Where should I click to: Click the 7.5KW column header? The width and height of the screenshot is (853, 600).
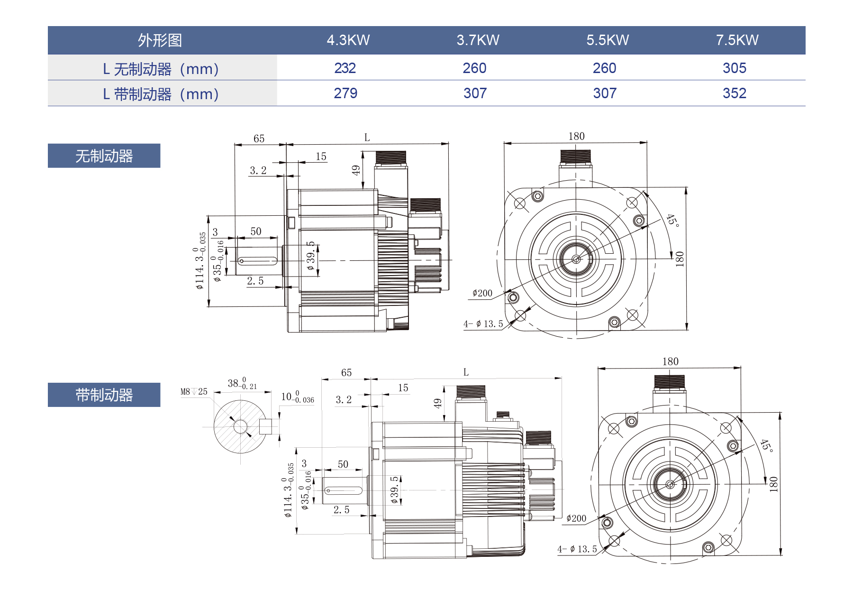point(737,40)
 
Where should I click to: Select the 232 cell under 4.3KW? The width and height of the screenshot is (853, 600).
point(345,68)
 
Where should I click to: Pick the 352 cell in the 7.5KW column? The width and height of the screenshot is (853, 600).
point(734,93)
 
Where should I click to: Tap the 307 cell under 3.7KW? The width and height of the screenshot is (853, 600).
point(475,93)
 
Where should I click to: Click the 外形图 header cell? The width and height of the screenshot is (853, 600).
point(160,40)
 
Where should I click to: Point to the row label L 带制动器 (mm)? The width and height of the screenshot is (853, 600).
point(161,94)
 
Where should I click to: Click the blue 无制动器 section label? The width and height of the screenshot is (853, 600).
point(104,156)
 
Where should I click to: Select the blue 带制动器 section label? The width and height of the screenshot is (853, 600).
point(104,395)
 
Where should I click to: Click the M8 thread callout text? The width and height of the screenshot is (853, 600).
point(194,392)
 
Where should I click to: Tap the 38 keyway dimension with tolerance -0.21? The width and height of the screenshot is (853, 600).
point(242,383)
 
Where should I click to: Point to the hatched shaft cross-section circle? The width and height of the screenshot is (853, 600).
point(240,426)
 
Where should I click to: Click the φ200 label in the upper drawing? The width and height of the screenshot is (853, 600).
point(482,293)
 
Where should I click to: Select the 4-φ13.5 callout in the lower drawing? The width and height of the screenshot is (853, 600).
point(577,549)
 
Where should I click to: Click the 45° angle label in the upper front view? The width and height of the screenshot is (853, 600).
point(672,220)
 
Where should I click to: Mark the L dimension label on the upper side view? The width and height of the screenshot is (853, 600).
point(367,138)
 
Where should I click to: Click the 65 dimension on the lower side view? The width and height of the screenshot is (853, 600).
point(346,373)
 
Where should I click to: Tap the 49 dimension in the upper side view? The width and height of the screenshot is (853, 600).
point(356,170)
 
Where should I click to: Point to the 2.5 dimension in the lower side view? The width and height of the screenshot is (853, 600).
point(341,510)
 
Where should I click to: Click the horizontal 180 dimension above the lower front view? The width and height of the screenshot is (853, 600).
point(670,361)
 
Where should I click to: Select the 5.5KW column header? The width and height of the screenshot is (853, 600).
point(608,40)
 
